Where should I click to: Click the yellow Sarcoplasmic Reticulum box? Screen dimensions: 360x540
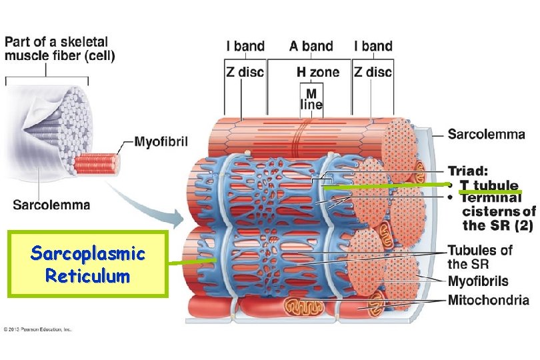pyautogui.click(x=88, y=263)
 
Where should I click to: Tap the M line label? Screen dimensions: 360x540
pyautogui.click(x=311, y=99)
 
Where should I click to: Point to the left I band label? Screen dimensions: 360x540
pyautogui.click(x=245, y=46)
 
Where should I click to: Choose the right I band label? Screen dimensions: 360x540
pyautogui.click(x=373, y=46)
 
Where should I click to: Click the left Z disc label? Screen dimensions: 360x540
pyautogui.click(x=245, y=71)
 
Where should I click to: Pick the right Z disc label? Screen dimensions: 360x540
pyautogui.click(x=373, y=71)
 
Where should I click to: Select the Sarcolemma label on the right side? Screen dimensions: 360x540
pyautogui.click(x=486, y=135)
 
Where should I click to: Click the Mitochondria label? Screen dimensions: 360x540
pyautogui.click(x=489, y=300)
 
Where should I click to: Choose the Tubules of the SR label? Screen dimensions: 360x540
pyautogui.click(x=480, y=257)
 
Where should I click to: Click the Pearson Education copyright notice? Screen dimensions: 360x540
pyautogui.click(x=37, y=329)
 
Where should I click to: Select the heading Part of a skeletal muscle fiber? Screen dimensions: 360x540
pyautogui.click(x=60, y=49)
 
